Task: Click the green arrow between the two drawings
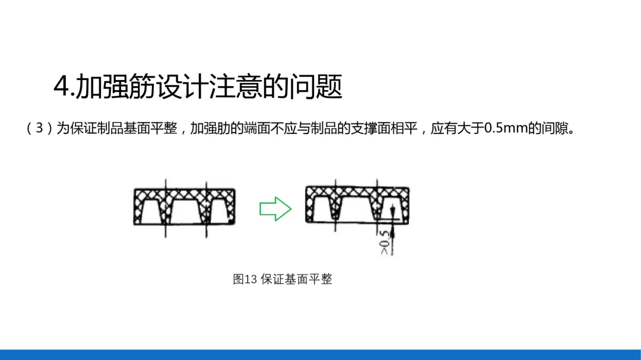click(x=275, y=209)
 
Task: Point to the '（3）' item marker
click(x=40, y=129)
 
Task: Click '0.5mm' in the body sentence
click(x=506, y=129)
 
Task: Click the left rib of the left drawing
click(x=166, y=211)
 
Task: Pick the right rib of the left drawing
click(x=206, y=211)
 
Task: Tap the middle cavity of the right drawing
click(x=355, y=209)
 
